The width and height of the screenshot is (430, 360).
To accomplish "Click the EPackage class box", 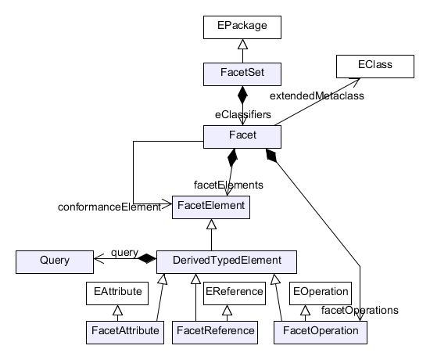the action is [x=242, y=27].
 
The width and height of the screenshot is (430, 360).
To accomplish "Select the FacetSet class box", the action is [x=242, y=74].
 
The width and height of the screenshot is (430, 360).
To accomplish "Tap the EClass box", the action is [x=375, y=67].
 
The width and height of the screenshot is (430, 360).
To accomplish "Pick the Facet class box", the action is [x=242, y=137].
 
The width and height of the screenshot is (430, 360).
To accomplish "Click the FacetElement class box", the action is [x=211, y=207].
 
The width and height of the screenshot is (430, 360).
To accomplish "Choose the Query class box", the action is [x=55, y=262].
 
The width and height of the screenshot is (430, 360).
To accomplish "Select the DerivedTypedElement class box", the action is [x=227, y=262].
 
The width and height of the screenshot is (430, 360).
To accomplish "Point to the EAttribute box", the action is [x=117, y=293].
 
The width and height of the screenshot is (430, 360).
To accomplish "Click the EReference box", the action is [x=235, y=293].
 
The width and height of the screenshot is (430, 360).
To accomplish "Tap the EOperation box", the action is [x=321, y=293].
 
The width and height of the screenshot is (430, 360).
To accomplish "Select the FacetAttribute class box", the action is [x=125, y=333].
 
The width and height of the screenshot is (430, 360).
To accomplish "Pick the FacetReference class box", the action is [x=215, y=333].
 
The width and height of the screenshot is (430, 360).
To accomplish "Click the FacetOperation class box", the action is [x=321, y=333].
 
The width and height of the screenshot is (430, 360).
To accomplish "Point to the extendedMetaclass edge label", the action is [x=317, y=95].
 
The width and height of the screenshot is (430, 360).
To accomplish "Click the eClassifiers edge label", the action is [x=243, y=114].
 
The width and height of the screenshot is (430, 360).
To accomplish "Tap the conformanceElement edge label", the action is [x=109, y=207].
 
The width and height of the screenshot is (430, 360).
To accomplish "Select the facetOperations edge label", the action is [x=360, y=310].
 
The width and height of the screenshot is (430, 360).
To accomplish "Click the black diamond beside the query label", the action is [x=147, y=258].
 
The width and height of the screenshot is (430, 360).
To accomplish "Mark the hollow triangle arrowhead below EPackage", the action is [x=242, y=44].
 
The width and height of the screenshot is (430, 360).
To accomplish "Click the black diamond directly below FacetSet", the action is [x=242, y=95].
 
